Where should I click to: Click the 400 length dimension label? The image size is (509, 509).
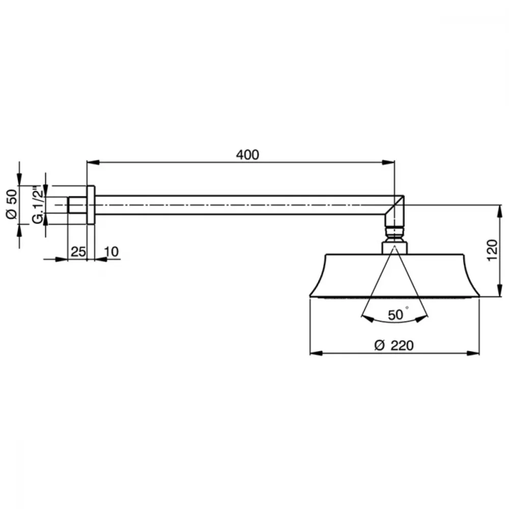(x=247, y=155)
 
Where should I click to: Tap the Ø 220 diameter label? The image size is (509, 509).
(x=394, y=345)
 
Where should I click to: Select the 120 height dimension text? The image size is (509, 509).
(x=492, y=250)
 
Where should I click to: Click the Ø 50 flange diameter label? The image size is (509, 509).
(x=12, y=204)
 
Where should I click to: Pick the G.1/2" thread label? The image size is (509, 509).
(x=38, y=205)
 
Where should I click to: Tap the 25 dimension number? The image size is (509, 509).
(x=78, y=251)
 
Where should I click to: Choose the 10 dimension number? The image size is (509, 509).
(x=111, y=251)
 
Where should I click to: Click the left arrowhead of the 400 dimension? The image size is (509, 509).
(x=93, y=162)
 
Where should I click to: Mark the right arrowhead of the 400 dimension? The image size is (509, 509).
(x=388, y=162)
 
